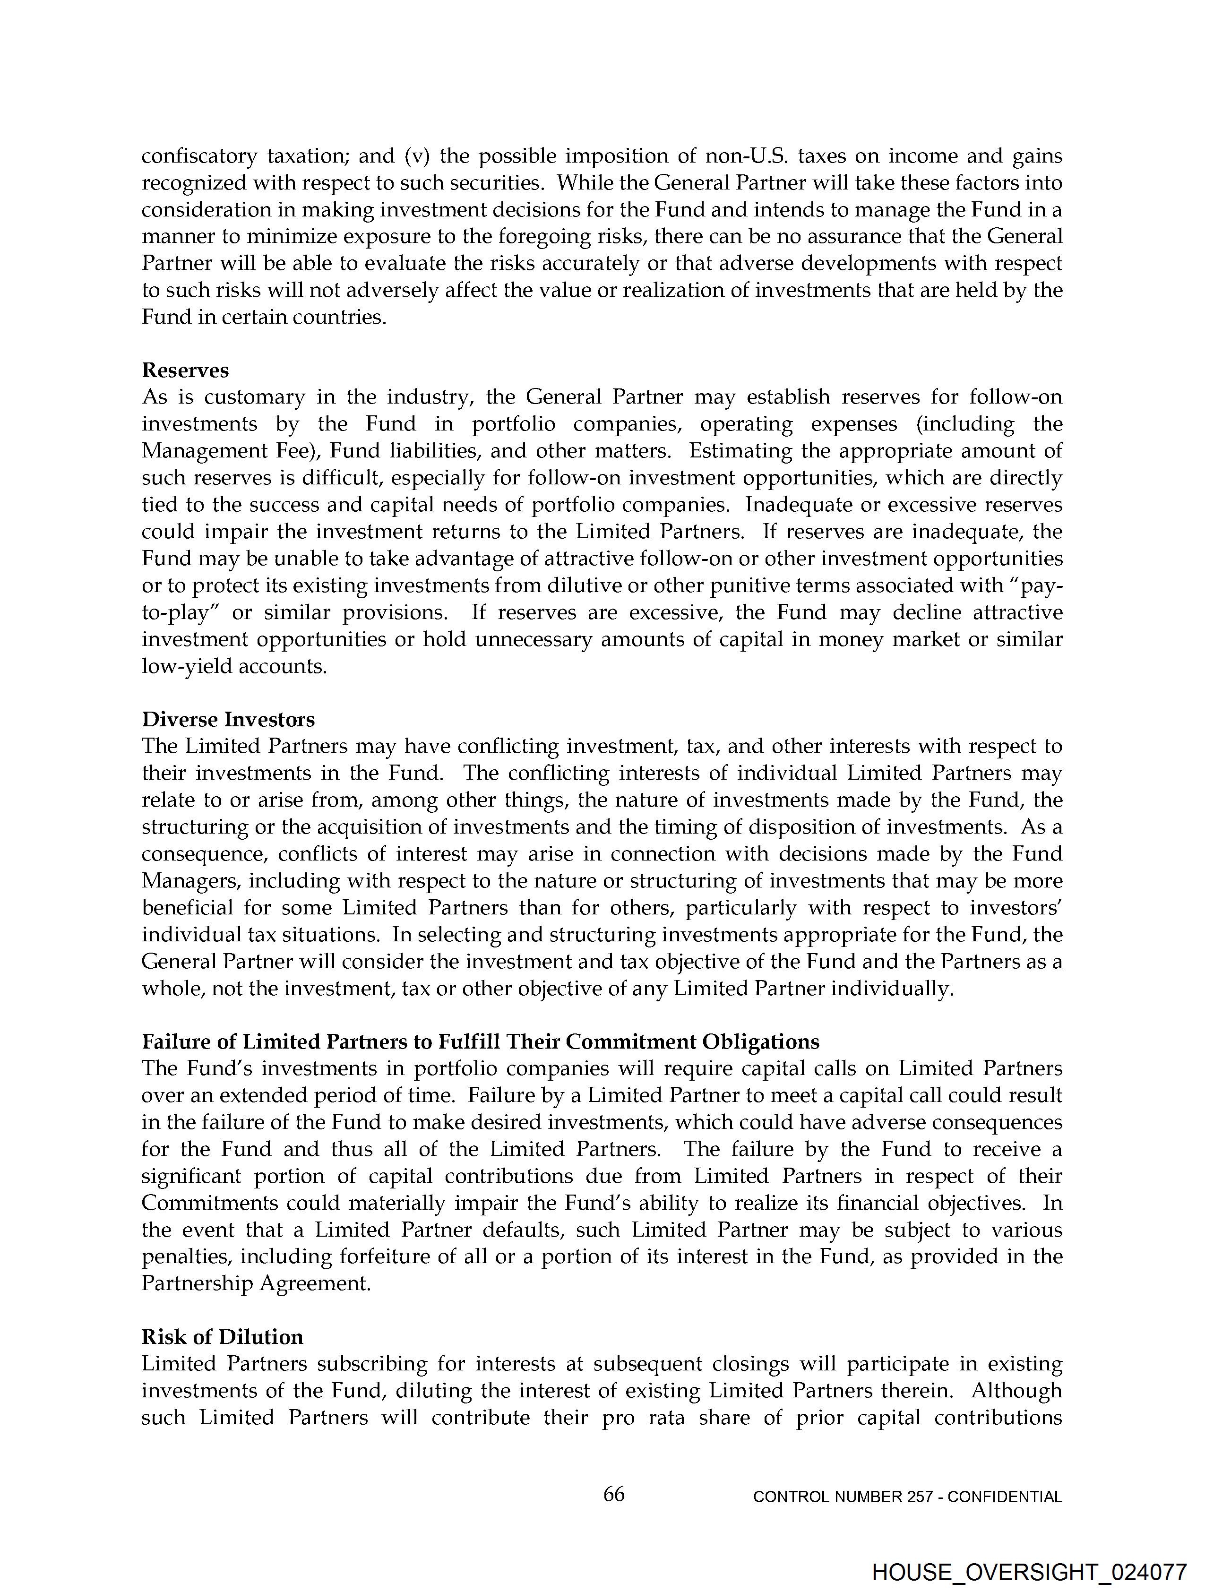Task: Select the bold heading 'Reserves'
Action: (185, 370)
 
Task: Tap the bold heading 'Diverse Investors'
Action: (228, 719)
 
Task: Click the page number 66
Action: (613, 1494)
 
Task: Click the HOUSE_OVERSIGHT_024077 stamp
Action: (1029, 1573)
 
